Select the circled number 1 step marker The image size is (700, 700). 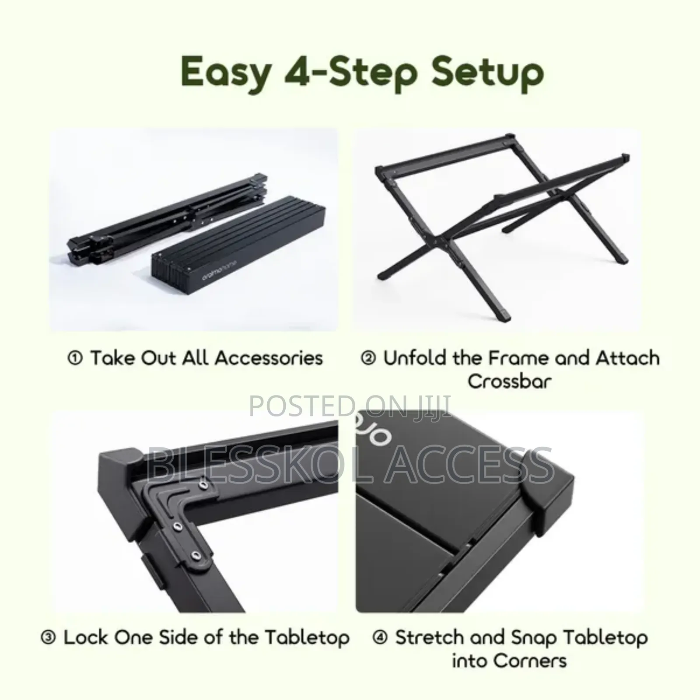tap(75, 358)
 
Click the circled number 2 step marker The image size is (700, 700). tap(368, 358)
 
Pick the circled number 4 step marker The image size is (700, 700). tap(380, 637)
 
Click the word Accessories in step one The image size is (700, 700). tap(269, 358)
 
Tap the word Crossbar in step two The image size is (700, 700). tap(510, 381)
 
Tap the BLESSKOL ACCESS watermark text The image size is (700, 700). tap(350, 465)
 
